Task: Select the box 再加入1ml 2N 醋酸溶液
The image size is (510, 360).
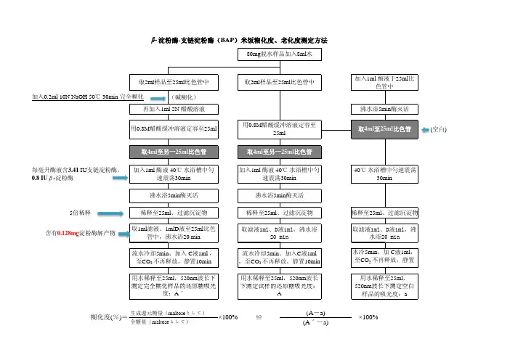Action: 174,109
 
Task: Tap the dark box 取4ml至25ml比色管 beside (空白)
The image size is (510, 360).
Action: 384,130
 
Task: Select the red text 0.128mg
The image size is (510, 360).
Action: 71,233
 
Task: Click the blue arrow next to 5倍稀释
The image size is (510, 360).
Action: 112,213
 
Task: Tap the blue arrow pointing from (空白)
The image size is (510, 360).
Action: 425,130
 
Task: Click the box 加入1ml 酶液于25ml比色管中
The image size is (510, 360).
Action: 384,81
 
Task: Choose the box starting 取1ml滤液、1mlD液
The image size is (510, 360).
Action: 174,233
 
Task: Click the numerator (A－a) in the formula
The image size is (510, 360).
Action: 315,312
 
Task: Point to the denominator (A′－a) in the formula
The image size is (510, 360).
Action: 315,323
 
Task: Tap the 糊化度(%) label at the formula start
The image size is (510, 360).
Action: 105,318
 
